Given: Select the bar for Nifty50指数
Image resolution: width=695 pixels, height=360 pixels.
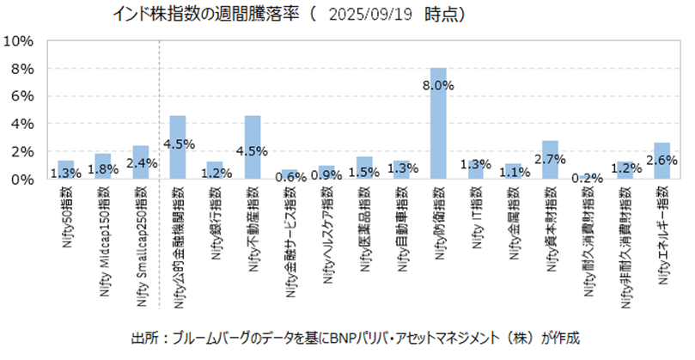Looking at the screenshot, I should point(66,170).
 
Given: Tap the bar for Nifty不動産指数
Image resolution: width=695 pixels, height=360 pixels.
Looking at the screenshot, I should point(253,147).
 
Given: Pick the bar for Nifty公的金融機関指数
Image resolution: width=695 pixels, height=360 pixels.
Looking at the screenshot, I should point(178,147).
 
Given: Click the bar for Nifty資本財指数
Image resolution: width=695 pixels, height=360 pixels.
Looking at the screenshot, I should point(550,160).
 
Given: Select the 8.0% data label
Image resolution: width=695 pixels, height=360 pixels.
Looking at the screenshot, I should point(438,85).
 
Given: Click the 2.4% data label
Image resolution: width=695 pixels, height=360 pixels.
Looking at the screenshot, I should point(141,161).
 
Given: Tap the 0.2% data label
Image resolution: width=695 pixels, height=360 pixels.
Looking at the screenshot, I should point(588,177).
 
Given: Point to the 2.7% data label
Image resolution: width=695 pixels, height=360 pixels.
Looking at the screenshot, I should point(550,160).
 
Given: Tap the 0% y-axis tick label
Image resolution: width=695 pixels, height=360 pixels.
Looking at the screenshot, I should point(21,179).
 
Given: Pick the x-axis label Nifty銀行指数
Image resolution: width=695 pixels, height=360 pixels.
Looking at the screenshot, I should point(216,228).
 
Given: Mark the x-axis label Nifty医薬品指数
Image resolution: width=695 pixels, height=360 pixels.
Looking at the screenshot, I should point(365,231).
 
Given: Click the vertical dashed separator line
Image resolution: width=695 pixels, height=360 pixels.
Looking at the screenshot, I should point(160,112).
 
